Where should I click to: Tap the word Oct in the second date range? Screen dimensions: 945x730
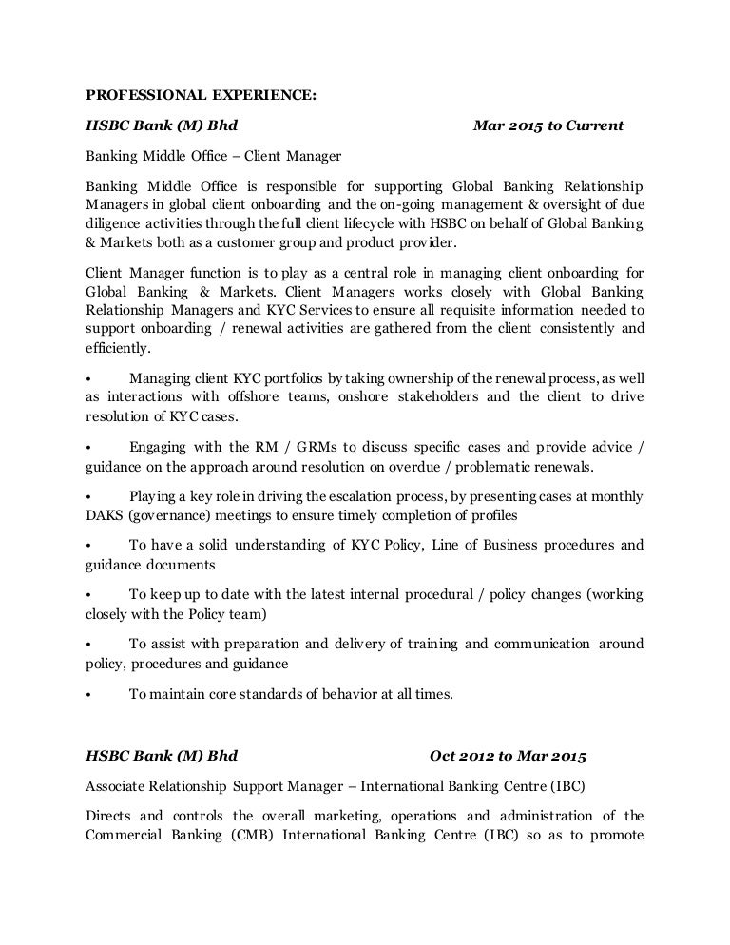pyautogui.click(x=445, y=757)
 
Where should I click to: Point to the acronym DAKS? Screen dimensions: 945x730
pyautogui.click(x=106, y=516)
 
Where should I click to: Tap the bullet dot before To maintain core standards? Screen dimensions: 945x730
pyautogui.click(x=88, y=695)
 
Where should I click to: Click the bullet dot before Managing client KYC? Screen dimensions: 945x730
pyautogui.click(x=88, y=378)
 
